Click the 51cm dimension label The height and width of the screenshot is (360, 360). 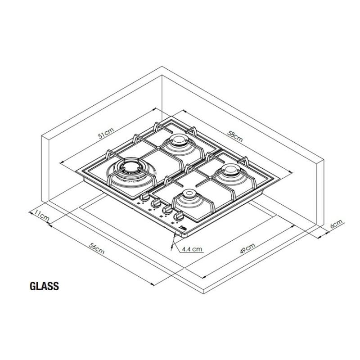coord(106,133)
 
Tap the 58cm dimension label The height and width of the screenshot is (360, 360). coord(235,136)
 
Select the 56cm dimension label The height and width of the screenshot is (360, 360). coord(97,248)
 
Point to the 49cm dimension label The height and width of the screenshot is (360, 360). coord(247,248)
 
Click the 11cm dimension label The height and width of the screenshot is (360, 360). coord(41,216)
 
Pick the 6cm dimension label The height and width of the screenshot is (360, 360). coord(336,223)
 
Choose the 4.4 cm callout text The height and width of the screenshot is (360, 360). coord(192,249)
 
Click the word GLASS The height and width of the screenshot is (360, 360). coord(44,286)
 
